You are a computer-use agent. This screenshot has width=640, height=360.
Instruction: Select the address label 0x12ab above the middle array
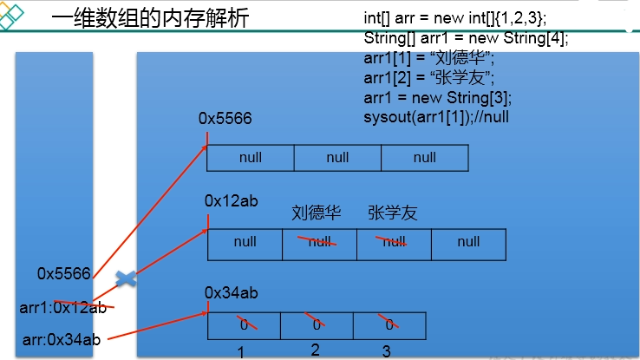click(232, 201)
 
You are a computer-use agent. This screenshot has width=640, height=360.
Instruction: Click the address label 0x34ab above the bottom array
click(232, 293)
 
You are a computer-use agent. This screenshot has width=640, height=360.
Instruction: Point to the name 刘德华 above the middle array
click(317, 213)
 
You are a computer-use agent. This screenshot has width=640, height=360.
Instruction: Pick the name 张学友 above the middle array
click(392, 213)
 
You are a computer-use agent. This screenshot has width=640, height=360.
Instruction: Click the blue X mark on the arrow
click(126, 278)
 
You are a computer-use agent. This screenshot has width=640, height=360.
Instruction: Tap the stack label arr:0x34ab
click(62, 339)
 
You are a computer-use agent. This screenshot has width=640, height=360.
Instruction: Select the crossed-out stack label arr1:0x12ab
click(62, 306)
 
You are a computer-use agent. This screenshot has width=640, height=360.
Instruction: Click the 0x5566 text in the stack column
click(63, 274)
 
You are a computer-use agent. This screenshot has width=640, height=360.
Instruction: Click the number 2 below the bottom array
click(315, 350)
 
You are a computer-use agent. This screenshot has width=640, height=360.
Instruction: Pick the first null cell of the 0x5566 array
click(251, 158)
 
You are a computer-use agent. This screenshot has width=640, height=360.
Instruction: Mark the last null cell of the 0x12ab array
click(468, 243)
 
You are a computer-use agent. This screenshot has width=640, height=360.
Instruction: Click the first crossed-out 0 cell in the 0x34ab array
click(245, 325)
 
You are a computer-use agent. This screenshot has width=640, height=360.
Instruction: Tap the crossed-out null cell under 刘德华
click(319, 243)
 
